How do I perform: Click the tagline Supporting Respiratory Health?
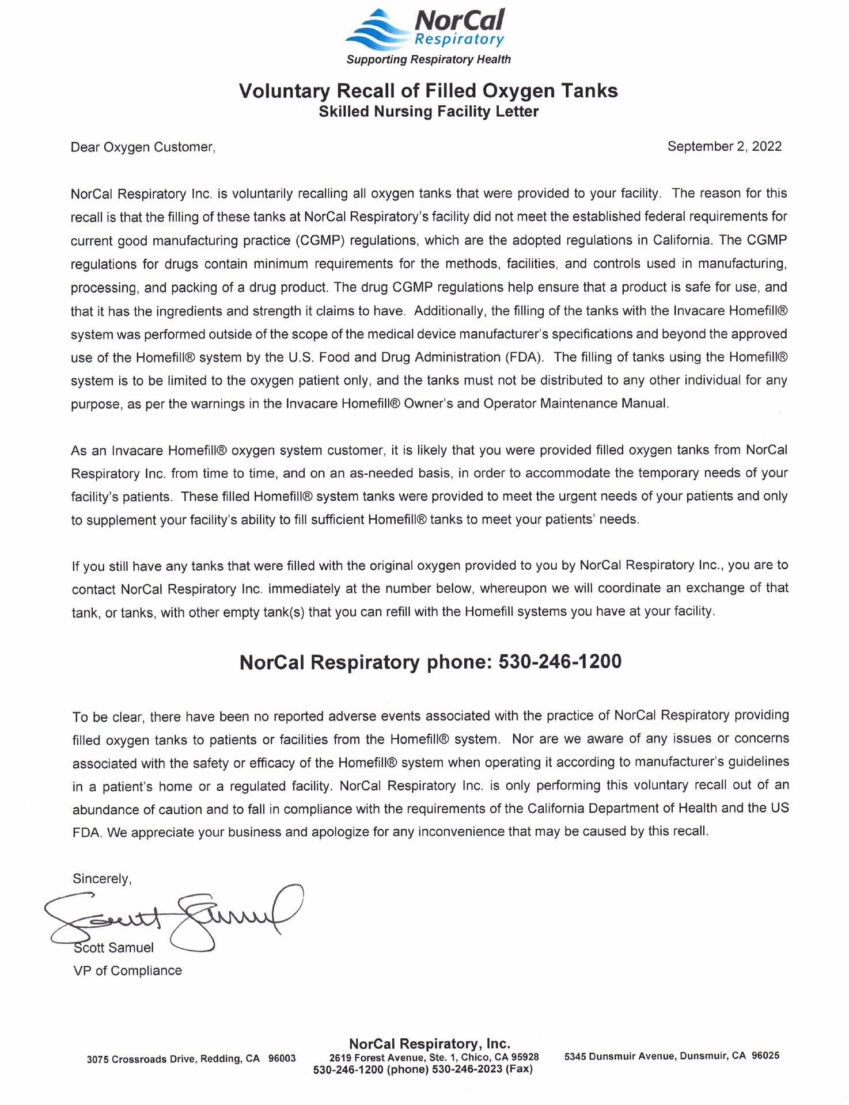[x=428, y=59]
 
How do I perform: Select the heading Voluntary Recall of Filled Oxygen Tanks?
[x=428, y=91]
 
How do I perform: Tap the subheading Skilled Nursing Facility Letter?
[x=429, y=112]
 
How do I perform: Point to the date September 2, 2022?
[x=724, y=146]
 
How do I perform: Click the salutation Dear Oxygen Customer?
[x=143, y=147]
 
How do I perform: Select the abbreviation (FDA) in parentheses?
[x=524, y=357]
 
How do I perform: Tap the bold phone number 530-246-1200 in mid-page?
[x=559, y=662]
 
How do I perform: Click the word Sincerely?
[x=102, y=879]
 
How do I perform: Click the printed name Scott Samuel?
[x=114, y=948]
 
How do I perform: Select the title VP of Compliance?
[x=127, y=971]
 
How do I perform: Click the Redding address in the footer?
[x=191, y=1059]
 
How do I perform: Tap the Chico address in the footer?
[x=434, y=1057]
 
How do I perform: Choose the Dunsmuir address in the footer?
[x=672, y=1056]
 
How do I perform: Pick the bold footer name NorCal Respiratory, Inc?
[x=430, y=1043]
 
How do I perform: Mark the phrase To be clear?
[x=109, y=717]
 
